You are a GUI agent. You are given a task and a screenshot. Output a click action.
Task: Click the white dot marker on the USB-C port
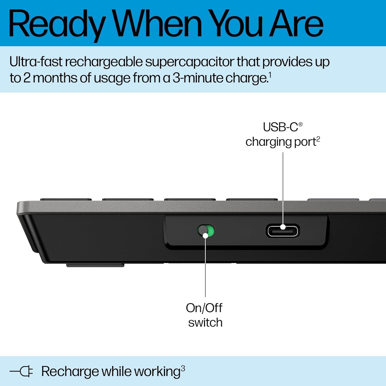point(283,227)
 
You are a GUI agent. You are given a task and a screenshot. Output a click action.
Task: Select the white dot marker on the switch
point(205,235)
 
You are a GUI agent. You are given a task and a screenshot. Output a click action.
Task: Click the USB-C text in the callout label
point(280,127)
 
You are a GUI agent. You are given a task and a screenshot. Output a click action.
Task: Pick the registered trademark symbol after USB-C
point(300,124)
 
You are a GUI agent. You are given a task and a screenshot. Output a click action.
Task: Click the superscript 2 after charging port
point(318,139)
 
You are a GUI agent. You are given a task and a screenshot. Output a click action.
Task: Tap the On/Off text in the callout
point(204,308)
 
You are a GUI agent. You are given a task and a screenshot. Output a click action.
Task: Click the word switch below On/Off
point(205,323)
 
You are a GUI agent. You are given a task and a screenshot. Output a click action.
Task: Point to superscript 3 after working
point(183,369)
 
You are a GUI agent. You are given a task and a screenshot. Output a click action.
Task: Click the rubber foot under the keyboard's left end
point(95,265)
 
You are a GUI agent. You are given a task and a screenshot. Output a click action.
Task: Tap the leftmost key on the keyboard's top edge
point(66,199)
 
